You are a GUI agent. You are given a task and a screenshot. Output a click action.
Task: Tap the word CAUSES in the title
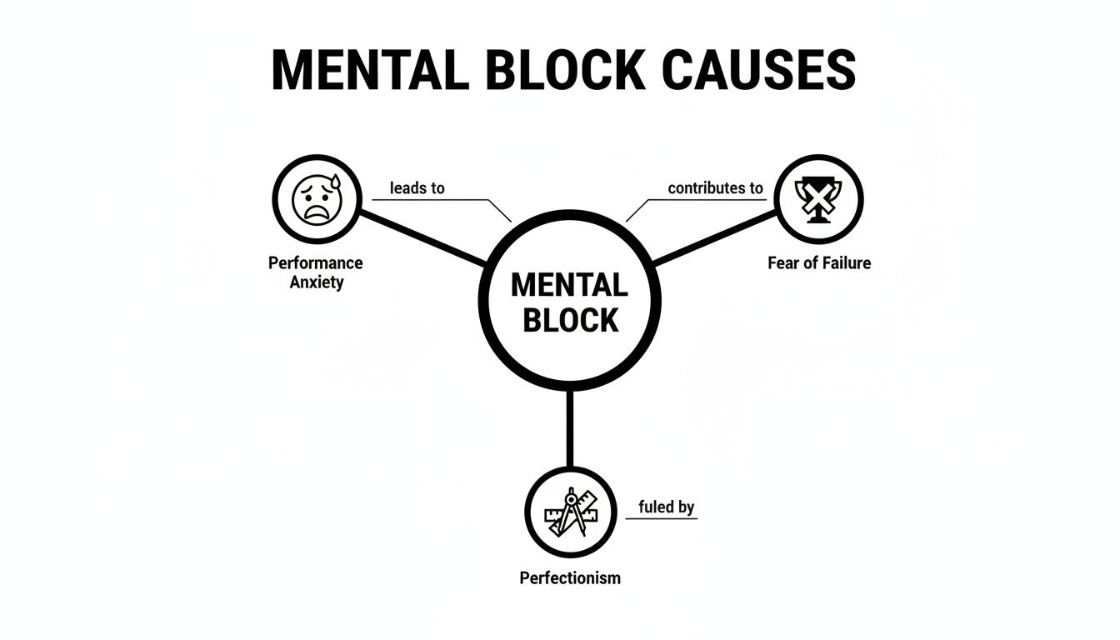(759, 71)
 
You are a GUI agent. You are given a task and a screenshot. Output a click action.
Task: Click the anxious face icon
(316, 200)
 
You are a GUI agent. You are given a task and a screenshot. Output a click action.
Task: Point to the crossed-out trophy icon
(818, 200)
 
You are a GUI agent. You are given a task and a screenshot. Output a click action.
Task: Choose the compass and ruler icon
(570, 512)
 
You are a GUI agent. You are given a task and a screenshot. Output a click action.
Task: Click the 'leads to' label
(417, 188)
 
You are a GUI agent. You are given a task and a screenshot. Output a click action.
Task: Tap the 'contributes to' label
(715, 188)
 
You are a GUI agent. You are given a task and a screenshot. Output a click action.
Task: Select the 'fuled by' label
(666, 507)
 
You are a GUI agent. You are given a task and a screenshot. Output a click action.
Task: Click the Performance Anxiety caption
(316, 272)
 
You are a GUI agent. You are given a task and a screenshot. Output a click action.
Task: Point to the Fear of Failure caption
(818, 263)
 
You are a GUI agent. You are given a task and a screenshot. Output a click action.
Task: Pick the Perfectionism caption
(570, 577)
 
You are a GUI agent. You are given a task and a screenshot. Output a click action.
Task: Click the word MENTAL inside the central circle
(568, 286)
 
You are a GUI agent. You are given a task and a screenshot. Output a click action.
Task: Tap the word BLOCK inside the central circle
(570, 321)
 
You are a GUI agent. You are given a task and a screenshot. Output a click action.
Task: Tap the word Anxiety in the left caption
(316, 282)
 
